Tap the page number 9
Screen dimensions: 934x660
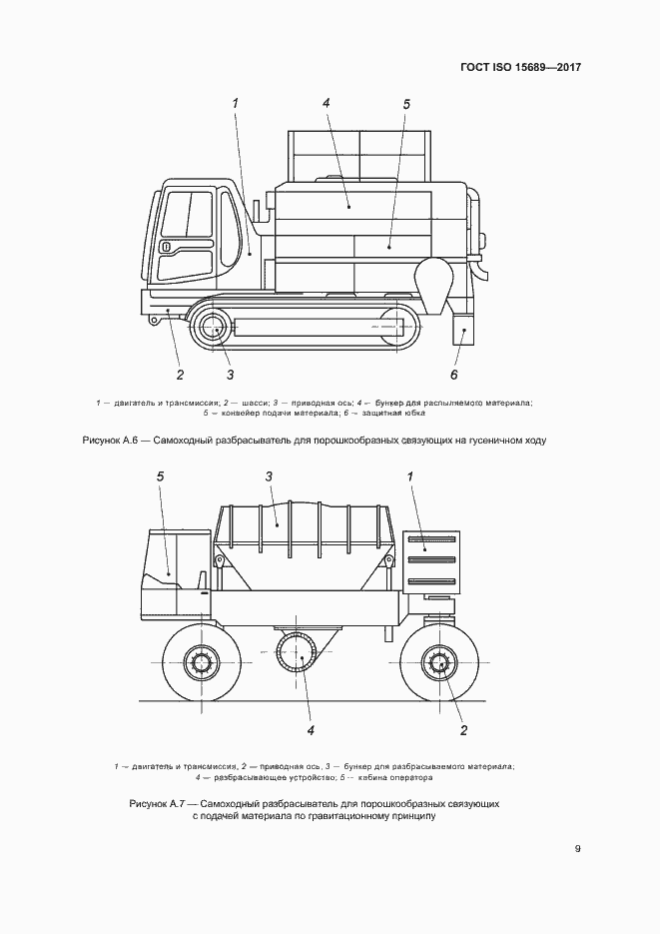(x=578, y=849)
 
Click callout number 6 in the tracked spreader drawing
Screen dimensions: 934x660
(x=453, y=375)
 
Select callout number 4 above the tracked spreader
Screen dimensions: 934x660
(x=327, y=103)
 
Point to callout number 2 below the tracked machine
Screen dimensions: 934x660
(x=180, y=376)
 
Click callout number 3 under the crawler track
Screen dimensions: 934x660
(x=230, y=375)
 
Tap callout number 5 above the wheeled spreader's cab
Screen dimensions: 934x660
(x=160, y=477)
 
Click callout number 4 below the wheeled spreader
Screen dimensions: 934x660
(x=311, y=730)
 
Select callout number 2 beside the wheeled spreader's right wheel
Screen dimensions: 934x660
(x=463, y=730)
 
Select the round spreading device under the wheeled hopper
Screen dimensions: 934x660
(x=302, y=655)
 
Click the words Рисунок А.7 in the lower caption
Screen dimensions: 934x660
(x=160, y=803)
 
